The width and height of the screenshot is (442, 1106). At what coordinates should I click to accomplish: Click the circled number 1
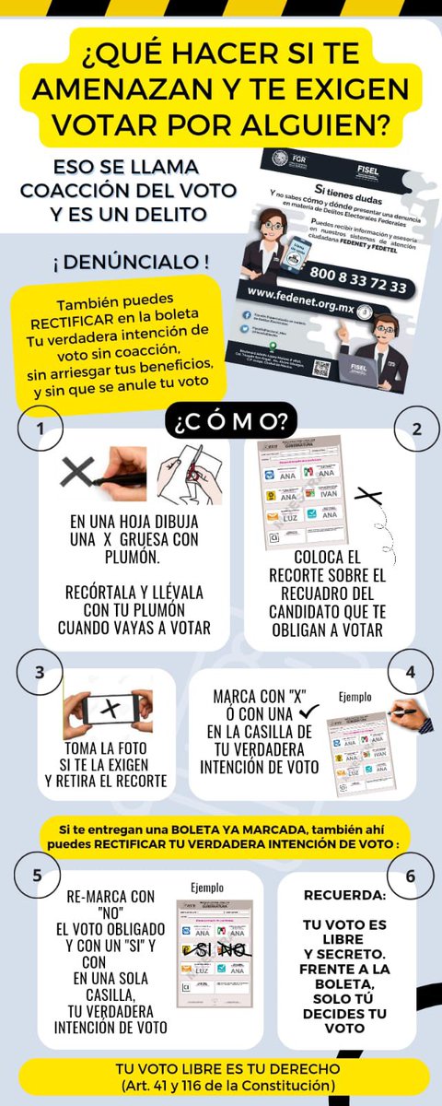[40, 430]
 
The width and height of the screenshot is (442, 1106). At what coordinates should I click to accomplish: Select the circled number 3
[40, 672]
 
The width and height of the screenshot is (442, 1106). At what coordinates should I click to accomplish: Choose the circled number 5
[37, 875]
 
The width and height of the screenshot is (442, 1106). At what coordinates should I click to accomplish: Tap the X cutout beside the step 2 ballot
[367, 497]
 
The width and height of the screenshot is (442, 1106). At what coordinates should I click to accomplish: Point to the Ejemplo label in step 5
[207, 888]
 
